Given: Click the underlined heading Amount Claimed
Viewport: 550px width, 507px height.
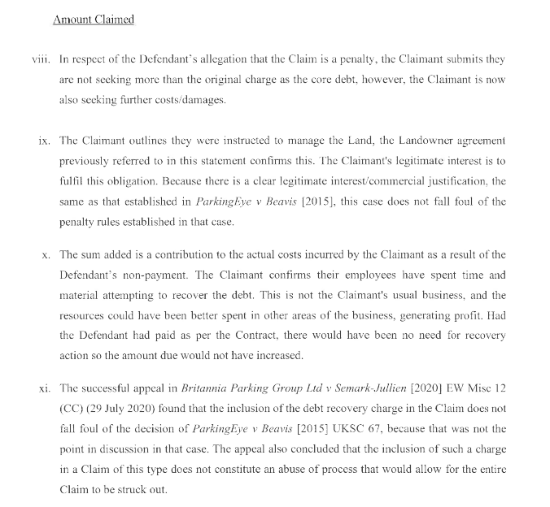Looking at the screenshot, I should click(x=93, y=19).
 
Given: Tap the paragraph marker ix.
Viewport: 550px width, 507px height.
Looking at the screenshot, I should click(x=46, y=141).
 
